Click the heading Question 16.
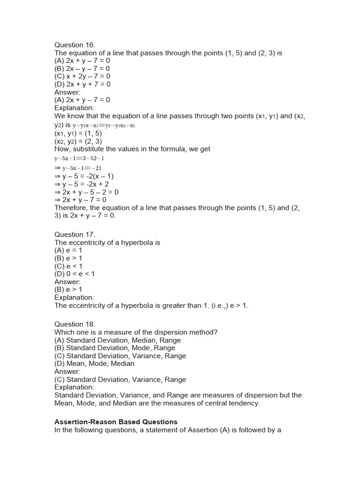pos(75,45)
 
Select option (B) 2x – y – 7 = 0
pos(82,68)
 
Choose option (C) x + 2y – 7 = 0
pos(82,76)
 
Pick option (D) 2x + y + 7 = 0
pos(82,84)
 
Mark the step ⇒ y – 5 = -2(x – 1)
pos(84,176)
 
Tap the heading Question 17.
pos(75,234)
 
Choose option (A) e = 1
pos(68,250)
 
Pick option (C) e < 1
pos(68,266)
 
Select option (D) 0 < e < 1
pos(75,274)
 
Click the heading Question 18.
pos(75,324)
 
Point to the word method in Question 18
pos(203,332)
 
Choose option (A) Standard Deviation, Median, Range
pos(118,340)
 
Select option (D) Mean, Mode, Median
pos(95,364)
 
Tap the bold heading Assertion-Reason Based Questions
pos(116,422)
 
